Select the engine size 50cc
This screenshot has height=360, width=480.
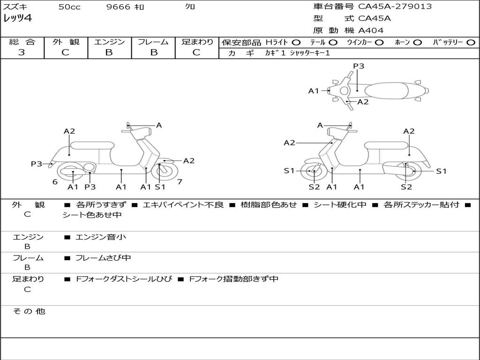[x=69, y=7]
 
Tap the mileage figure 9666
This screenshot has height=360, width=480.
[x=119, y=7]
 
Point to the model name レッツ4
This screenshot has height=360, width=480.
[x=18, y=19]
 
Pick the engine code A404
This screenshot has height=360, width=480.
[x=371, y=30]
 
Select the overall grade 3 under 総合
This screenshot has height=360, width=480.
[x=22, y=52]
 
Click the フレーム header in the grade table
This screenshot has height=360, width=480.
[x=153, y=42]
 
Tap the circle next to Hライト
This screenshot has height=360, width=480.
[x=296, y=43]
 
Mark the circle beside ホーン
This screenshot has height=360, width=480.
[x=418, y=43]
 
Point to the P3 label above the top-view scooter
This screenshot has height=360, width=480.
[x=359, y=66]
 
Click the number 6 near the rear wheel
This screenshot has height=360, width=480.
[x=55, y=182]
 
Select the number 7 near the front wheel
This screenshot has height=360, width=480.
[x=180, y=182]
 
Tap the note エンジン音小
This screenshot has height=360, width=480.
[x=101, y=237]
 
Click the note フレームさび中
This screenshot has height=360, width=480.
[x=103, y=258]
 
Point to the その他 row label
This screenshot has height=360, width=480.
[x=29, y=311]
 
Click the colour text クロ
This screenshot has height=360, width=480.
[x=190, y=7]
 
